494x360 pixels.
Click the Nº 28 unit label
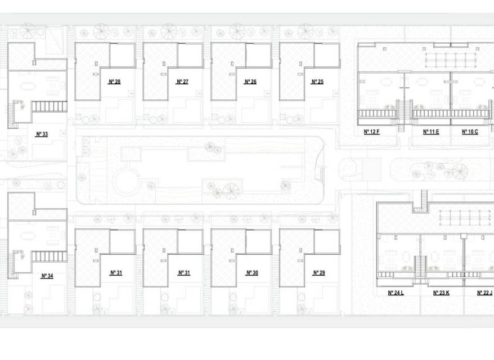[114, 82]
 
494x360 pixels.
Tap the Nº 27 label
[182, 82]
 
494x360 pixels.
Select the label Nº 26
[250, 82]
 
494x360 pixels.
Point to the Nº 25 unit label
[317, 82]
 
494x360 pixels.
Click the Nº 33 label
[42, 134]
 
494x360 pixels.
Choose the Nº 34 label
[47, 276]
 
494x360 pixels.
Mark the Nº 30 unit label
[252, 273]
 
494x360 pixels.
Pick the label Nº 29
[319, 273]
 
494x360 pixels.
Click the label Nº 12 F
[372, 132]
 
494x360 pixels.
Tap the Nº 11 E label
[432, 132]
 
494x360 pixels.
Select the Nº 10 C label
[470, 132]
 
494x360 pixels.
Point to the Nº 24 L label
[396, 293]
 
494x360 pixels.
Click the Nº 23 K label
[441, 293]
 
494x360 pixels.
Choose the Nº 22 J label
[485, 293]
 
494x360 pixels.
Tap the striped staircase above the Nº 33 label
[50, 106]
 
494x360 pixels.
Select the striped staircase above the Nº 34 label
[50, 256]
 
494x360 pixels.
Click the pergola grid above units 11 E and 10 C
[450, 60]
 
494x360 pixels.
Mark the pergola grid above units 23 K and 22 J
[465, 218]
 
